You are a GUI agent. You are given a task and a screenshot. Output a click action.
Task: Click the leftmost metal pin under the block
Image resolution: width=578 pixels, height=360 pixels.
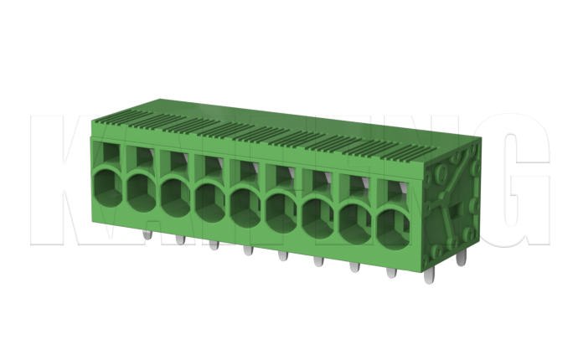coord(146,235)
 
